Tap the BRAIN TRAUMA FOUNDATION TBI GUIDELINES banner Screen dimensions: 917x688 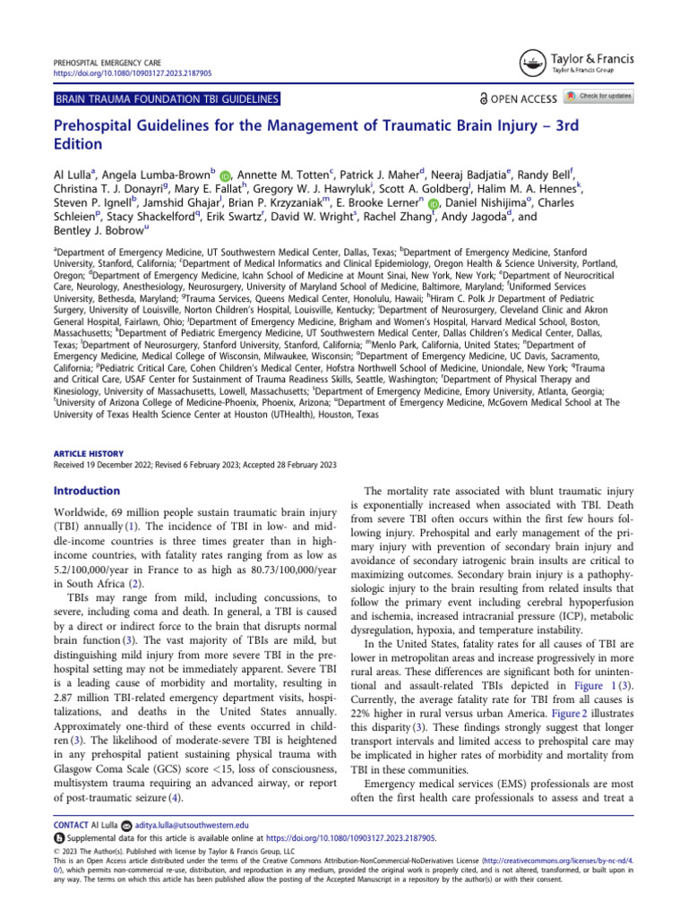click(166, 99)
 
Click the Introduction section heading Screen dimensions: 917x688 click(87, 491)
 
